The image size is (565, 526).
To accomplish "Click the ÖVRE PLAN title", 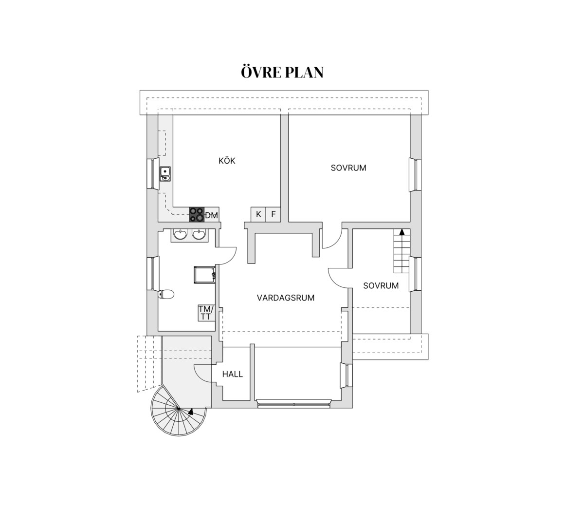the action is [282, 72].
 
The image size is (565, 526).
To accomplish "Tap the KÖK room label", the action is [227, 160].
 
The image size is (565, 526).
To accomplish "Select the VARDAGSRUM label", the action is [286, 298].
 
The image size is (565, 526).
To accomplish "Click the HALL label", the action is [233, 374].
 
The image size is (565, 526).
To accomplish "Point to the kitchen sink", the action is [165, 174].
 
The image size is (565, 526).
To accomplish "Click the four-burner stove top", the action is [197, 214].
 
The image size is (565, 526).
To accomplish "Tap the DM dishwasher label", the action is [212, 216].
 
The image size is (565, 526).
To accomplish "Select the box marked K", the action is [258, 214].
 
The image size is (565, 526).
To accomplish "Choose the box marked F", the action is [273, 214].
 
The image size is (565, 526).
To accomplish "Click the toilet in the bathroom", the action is [166, 295].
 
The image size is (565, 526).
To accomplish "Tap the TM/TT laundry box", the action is [206, 313].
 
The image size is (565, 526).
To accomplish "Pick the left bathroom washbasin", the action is [180, 235].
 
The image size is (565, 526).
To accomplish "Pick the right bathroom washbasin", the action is [199, 235].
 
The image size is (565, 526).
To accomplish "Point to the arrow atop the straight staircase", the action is [401, 231].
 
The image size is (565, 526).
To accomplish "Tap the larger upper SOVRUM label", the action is [348, 168].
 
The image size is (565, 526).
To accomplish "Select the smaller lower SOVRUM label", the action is [381, 285].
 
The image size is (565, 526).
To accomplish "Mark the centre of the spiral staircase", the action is [179, 409].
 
